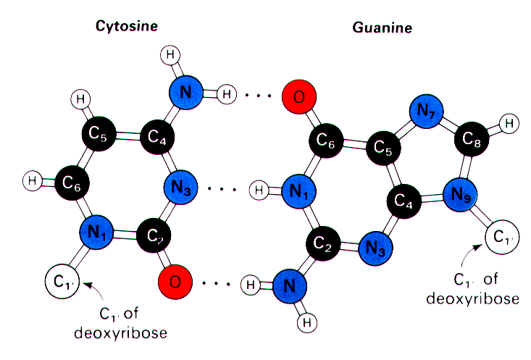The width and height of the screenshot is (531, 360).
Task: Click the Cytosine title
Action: tap(127, 26)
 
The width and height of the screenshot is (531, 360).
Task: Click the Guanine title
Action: tap(382, 28)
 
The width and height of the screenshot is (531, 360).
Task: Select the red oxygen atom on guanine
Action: tap(299, 96)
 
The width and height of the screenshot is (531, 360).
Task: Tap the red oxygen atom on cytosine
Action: tap(175, 282)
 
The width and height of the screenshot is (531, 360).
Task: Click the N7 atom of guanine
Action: tap(427, 111)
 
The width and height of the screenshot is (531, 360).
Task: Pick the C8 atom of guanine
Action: tap(472, 138)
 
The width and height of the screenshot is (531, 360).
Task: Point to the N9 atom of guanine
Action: tap(460, 195)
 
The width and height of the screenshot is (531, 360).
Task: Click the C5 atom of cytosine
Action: tap(99, 133)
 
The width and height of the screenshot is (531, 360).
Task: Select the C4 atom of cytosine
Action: tap(157, 136)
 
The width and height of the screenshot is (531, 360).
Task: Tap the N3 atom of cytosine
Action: tap(180, 187)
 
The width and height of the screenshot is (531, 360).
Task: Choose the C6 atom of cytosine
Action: tap(72, 183)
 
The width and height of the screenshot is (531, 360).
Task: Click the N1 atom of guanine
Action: tap(299, 191)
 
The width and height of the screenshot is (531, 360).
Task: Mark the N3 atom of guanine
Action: tap(375, 248)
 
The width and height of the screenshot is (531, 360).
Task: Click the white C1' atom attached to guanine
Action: tap(502, 237)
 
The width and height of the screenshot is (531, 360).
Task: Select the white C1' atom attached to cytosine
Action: tap(62, 282)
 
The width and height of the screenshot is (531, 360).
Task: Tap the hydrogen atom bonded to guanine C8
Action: tap(509, 123)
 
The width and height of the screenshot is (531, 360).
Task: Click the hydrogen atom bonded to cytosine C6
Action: tap(33, 181)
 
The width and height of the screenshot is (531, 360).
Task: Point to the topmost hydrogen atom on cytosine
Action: tap(170, 55)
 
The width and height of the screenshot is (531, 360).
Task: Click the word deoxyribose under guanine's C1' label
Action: tap(473, 298)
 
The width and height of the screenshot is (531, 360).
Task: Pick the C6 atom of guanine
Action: tap(326, 141)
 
